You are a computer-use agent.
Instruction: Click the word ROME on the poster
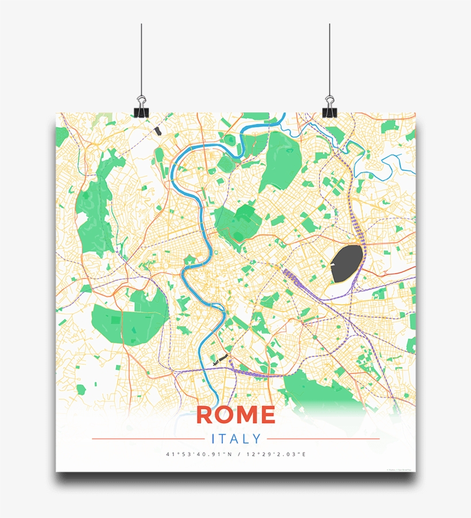235,415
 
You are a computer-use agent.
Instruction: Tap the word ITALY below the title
236,439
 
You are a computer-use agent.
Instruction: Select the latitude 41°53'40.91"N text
198,455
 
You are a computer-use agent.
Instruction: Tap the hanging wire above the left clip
141,57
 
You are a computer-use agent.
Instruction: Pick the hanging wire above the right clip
330,57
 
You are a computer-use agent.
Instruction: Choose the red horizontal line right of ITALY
324,439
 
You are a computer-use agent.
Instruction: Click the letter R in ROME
204,415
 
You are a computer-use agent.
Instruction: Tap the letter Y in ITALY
256,439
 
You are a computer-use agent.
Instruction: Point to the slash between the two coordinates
237,455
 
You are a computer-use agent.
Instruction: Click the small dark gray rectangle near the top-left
158,130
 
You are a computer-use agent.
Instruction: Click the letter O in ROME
226,415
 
